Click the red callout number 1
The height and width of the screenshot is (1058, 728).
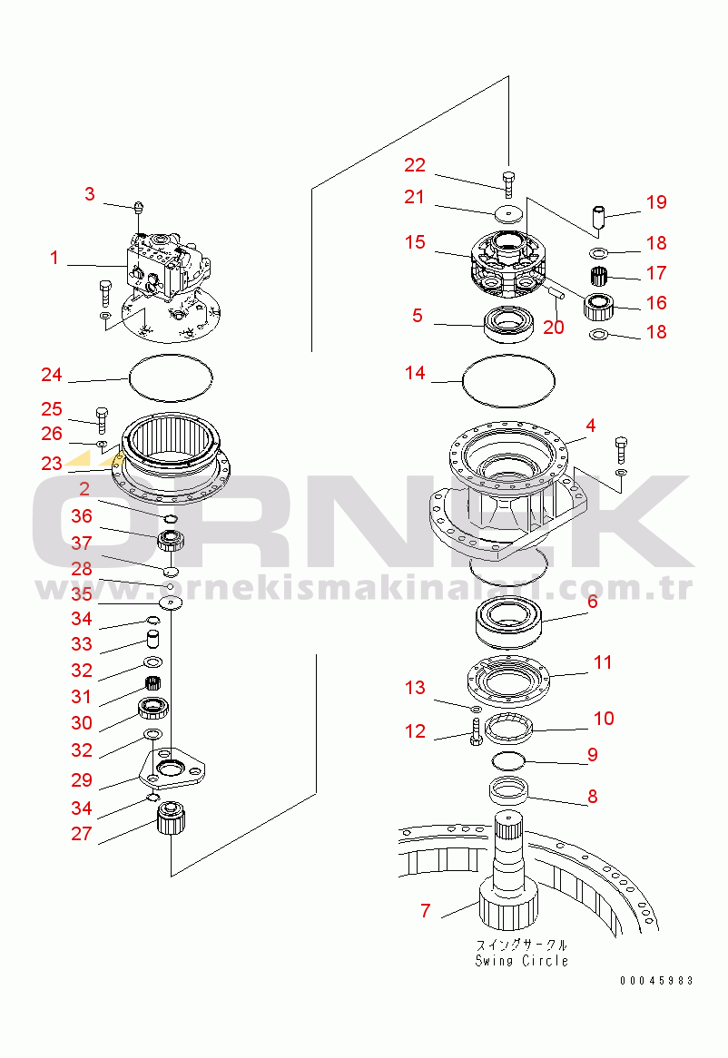54,258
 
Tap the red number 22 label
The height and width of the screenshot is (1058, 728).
415,165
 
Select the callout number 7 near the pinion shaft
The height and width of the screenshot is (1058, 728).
425,911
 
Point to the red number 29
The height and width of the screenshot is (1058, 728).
82,780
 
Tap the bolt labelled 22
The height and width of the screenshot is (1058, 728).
508,184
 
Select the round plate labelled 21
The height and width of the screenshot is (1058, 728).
508,212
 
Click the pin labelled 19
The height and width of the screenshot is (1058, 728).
598,217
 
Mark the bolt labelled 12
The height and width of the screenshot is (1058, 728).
475,731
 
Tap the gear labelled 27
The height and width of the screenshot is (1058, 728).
171,818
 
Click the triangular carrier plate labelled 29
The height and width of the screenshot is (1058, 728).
172,769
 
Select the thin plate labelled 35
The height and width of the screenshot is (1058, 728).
171,602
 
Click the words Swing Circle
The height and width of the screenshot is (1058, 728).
522,961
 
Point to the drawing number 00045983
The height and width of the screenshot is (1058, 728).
656,980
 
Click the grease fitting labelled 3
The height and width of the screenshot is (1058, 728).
140,207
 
